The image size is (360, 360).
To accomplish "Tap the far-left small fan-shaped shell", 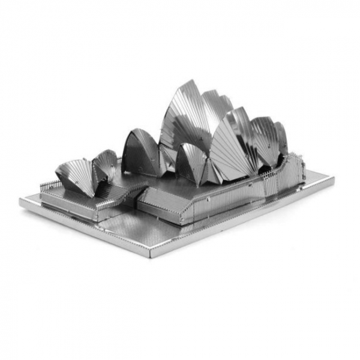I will click(74, 174).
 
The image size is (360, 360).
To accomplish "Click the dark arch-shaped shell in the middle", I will click(140, 155).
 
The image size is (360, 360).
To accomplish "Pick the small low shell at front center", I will click(191, 162).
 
